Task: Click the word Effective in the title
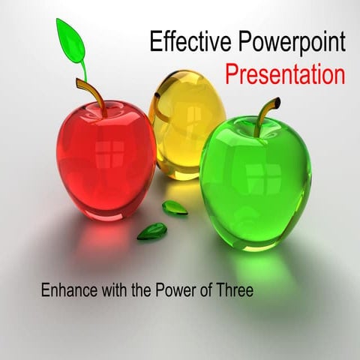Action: (x=180, y=43)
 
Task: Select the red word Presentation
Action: (x=286, y=75)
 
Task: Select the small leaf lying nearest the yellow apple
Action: (x=175, y=208)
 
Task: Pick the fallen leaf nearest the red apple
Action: (x=151, y=231)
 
